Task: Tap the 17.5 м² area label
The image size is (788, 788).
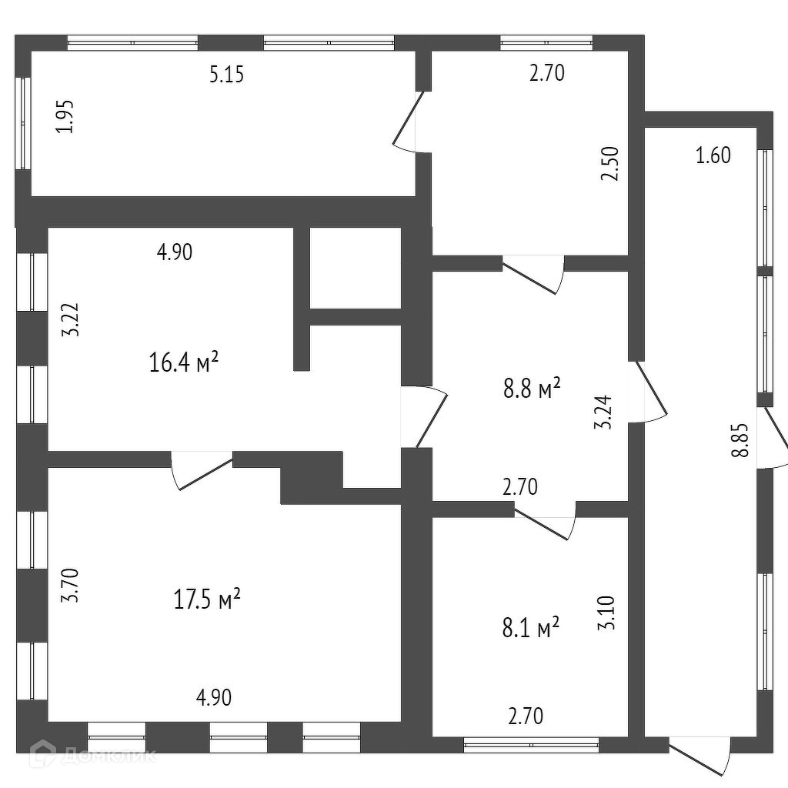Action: click(208, 598)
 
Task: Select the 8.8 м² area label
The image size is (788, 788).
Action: click(531, 389)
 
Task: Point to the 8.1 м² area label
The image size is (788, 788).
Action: click(531, 629)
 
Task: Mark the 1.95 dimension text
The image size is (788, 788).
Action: click(66, 117)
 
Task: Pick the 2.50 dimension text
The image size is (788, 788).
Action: click(610, 163)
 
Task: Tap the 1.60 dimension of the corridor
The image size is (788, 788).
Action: click(713, 155)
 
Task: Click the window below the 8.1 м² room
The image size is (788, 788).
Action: click(531, 744)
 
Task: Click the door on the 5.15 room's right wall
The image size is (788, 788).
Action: click(409, 121)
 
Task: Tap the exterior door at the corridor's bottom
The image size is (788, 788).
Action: click(699, 755)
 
